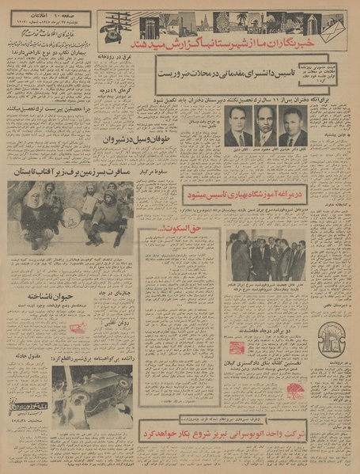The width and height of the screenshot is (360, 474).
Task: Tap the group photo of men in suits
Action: click(x=265, y=254)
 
